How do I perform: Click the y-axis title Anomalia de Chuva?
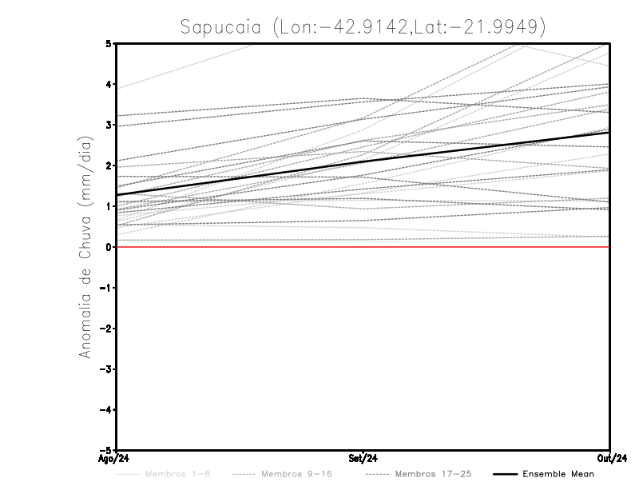tap(85, 247)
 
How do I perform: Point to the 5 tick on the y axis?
tap(109, 43)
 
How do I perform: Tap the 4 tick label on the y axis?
tap(109, 84)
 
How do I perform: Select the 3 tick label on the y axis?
tap(109, 125)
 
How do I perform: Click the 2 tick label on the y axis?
tap(109, 165)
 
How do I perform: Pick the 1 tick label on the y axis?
tap(109, 206)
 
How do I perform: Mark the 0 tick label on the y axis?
tap(109, 247)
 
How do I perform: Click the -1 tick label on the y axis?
tap(107, 288)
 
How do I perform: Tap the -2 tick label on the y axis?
tap(107, 329)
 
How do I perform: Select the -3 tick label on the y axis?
tap(107, 369)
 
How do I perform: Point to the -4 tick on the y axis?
tap(107, 410)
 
